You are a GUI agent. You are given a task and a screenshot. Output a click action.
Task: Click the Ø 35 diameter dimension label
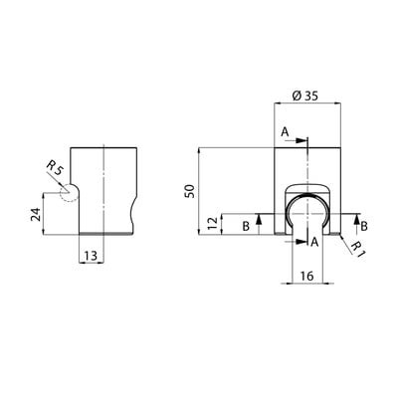pyautogui.click(x=304, y=97)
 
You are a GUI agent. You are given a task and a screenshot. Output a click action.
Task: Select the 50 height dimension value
pyautogui.click(x=191, y=191)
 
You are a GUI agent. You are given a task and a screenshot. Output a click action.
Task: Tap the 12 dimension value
pyautogui.click(x=214, y=224)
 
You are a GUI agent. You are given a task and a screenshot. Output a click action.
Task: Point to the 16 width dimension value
pyautogui.click(x=307, y=276)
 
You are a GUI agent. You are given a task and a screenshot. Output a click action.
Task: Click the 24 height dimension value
pyautogui.click(x=37, y=214)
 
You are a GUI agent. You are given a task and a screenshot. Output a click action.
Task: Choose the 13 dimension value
pyautogui.click(x=91, y=256)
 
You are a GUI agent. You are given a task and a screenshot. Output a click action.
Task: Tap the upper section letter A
pyautogui.click(x=285, y=132)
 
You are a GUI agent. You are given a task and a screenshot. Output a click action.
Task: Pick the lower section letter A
pyautogui.click(x=314, y=243)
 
